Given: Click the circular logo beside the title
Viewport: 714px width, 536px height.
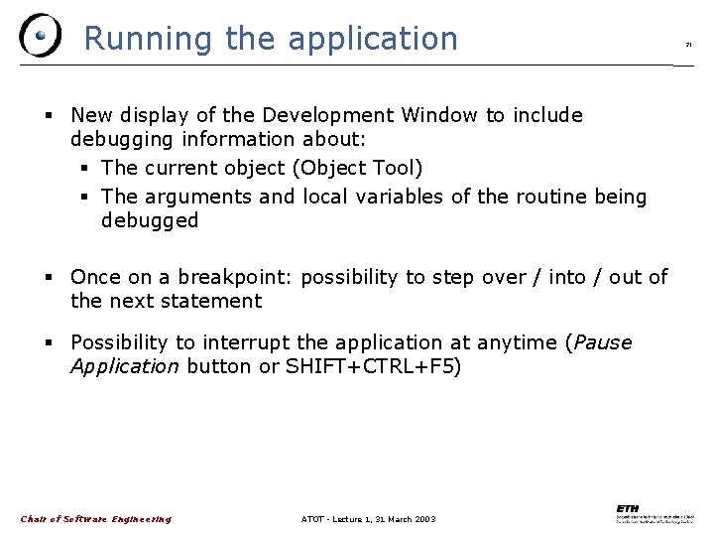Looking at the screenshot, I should point(40,36).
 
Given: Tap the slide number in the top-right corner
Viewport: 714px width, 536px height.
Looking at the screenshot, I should point(688,45).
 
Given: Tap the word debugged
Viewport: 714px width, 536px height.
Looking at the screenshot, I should point(150,220).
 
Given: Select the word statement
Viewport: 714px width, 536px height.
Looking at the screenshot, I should point(214,301).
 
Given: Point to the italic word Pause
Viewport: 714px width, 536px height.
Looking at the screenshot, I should point(602,342).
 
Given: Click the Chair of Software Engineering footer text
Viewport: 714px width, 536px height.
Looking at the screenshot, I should point(96,518).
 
